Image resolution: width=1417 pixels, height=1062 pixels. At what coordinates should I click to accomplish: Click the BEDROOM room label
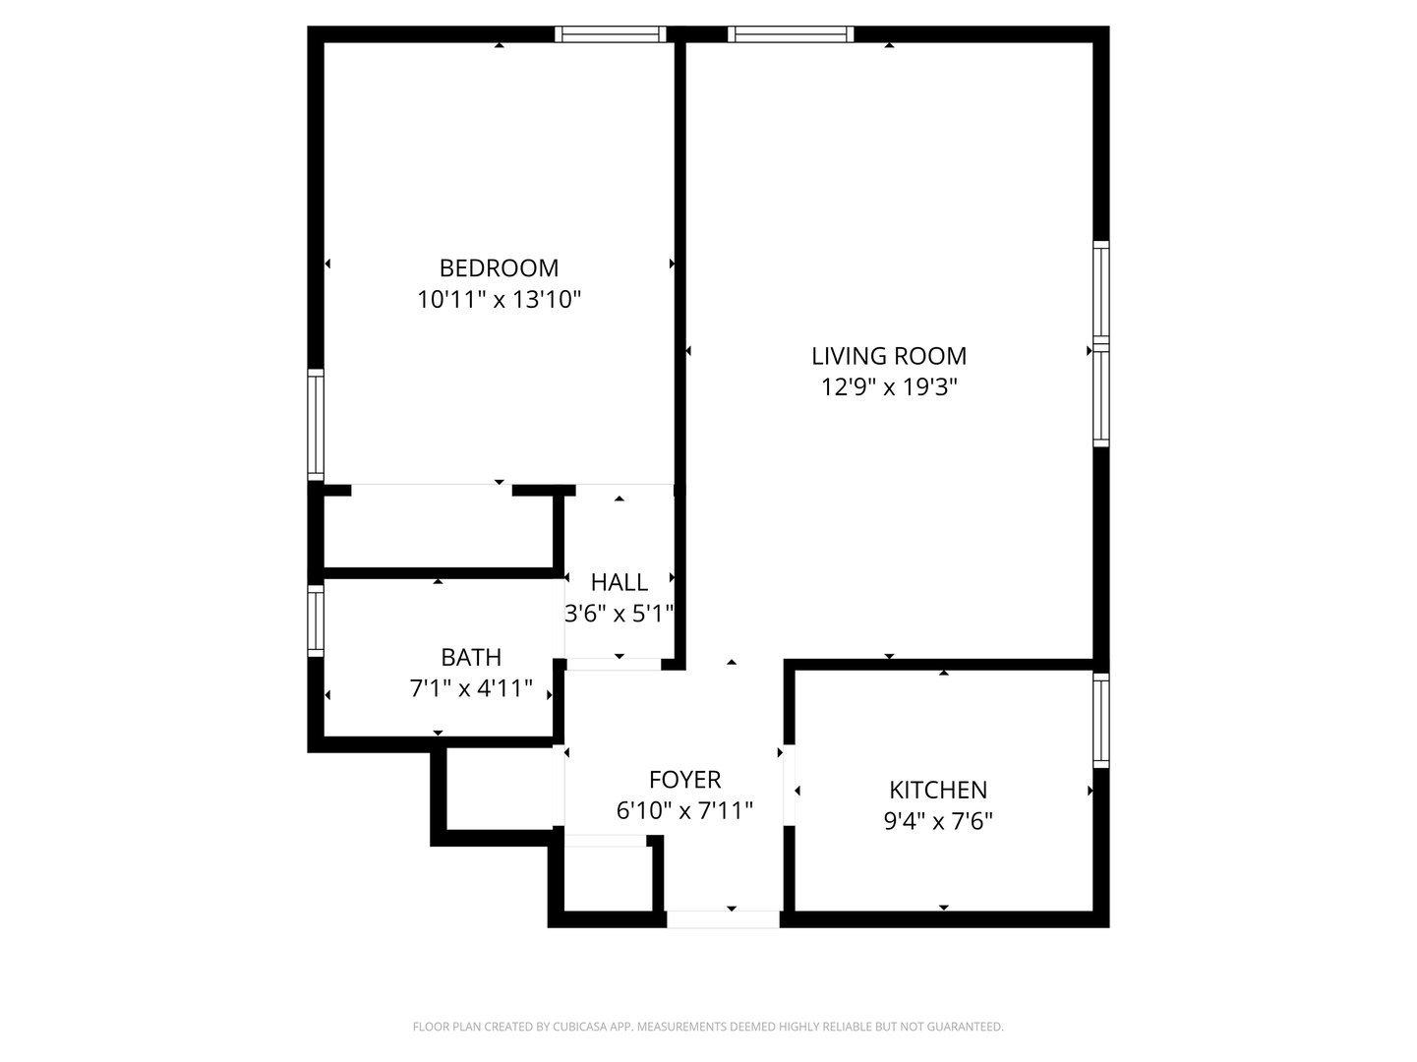click(499, 267)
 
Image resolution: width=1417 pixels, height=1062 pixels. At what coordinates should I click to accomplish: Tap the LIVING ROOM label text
click(888, 356)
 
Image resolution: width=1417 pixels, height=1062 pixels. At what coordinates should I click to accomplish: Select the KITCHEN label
click(938, 790)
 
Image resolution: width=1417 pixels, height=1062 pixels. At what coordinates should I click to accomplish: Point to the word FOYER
click(684, 779)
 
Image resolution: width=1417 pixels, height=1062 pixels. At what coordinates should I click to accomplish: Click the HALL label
click(619, 582)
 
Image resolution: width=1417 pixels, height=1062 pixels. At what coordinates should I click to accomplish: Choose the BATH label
click(471, 657)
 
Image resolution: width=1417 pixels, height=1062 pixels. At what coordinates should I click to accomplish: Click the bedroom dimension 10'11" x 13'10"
click(499, 300)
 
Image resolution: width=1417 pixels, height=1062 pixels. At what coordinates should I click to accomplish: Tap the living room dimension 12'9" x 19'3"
click(888, 387)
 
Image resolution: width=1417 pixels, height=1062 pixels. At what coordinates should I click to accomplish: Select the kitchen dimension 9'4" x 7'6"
click(938, 821)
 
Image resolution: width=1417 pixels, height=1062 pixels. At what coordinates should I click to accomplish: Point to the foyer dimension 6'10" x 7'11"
click(684, 810)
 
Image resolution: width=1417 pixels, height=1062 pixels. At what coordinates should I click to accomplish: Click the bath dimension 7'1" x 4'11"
click(471, 688)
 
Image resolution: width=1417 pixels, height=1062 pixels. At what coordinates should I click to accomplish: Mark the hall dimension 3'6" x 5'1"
click(619, 614)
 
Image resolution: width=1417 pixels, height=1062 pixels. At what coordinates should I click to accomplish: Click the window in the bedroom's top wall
click(610, 34)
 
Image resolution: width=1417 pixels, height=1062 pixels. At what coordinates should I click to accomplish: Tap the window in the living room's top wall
click(791, 34)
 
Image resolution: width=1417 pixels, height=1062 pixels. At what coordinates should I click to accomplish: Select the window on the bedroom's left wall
click(315, 425)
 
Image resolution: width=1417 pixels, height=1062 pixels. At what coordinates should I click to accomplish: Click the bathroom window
click(315, 621)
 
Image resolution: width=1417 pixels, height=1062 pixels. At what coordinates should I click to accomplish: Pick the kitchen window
click(1100, 721)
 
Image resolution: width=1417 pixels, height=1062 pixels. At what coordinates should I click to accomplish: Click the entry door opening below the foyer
click(723, 919)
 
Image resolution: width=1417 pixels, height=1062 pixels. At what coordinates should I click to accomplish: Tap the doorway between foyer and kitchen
click(789, 785)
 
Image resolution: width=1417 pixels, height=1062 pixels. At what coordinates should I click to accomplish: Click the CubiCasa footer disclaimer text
click(708, 1027)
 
